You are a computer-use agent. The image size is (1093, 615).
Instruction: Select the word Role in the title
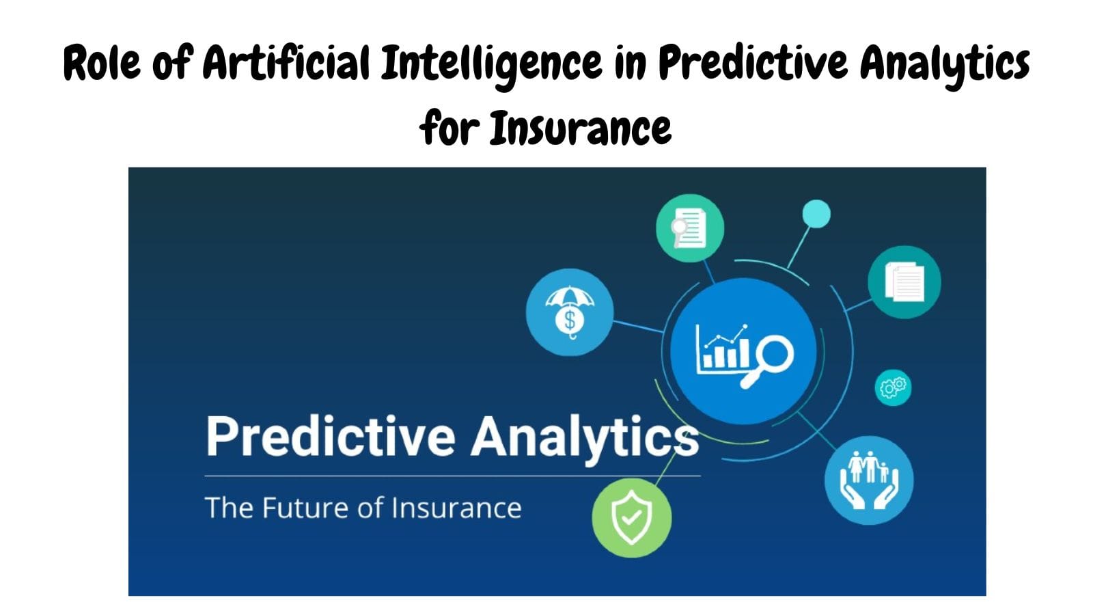pyautogui.click(x=102, y=63)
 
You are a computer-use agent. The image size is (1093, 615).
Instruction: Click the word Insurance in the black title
pyautogui.click(x=581, y=128)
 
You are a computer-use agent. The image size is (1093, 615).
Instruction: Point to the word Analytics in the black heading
pyautogui.click(x=944, y=63)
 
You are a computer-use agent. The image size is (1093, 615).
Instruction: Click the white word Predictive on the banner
pyautogui.click(x=330, y=436)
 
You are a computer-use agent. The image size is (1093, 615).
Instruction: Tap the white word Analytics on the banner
pyautogui.click(x=585, y=436)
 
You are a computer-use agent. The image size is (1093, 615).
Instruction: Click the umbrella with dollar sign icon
pyautogui.click(x=570, y=312)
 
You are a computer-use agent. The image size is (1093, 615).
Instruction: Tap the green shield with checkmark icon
pyautogui.click(x=631, y=517)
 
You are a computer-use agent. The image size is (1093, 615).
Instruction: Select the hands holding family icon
pyautogui.click(x=868, y=480)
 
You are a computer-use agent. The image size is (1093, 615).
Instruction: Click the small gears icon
pyautogui.click(x=893, y=387)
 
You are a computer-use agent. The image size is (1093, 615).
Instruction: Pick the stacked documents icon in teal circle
pyautogui.click(x=904, y=282)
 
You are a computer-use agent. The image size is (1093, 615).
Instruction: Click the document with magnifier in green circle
pyautogui.click(x=689, y=228)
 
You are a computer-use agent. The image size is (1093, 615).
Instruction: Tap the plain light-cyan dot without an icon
pyautogui.click(x=816, y=214)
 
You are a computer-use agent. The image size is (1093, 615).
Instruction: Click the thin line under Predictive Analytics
pyautogui.click(x=451, y=476)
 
